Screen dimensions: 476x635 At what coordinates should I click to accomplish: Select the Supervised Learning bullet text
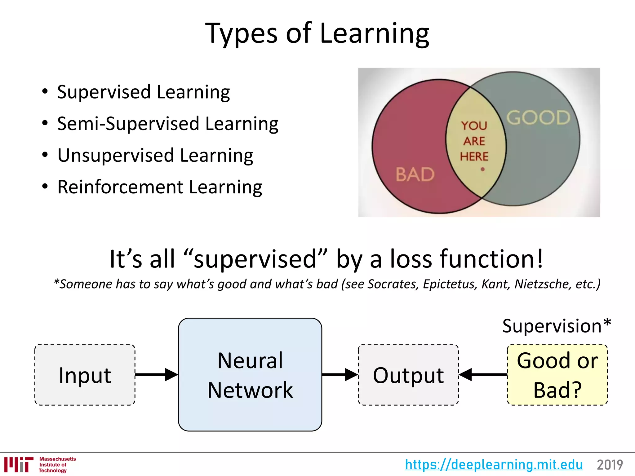(x=143, y=92)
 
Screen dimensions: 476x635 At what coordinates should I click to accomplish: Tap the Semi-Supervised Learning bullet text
(x=167, y=124)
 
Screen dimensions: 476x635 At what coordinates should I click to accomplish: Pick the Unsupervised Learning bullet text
(x=155, y=155)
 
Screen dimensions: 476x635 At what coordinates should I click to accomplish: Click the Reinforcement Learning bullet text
(x=160, y=187)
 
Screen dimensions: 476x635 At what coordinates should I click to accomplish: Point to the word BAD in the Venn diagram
(x=415, y=174)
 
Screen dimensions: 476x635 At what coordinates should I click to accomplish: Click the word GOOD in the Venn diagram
(x=538, y=118)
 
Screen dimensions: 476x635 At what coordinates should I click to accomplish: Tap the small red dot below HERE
(x=482, y=169)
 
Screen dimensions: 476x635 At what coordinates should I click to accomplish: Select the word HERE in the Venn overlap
(x=474, y=156)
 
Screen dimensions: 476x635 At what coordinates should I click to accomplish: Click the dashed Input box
(x=85, y=375)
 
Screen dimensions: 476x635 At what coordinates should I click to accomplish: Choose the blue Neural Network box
(x=250, y=375)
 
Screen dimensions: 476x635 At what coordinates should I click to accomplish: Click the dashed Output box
(x=408, y=375)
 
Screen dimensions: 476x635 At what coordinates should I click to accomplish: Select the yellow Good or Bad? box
(x=557, y=375)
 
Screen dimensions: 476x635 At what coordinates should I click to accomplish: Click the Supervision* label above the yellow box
(x=556, y=326)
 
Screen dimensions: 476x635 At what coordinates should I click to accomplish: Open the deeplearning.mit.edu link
(x=494, y=465)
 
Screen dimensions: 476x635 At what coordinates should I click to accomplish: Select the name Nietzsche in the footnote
(x=543, y=284)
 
